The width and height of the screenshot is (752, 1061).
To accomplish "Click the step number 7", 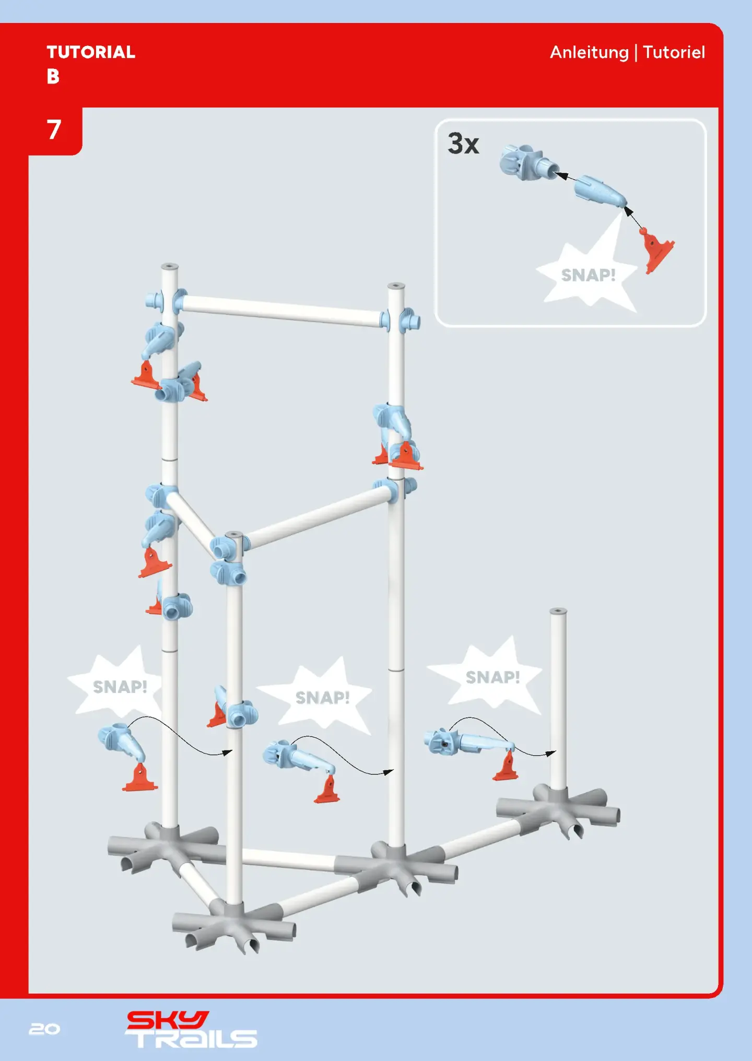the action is (54, 129).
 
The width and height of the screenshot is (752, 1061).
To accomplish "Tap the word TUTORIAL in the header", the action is (91, 52).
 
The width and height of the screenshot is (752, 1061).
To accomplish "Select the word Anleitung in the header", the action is (589, 53).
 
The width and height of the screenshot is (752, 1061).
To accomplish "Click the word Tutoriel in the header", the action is (674, 52).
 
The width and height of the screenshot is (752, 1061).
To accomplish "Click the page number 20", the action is (44, 1029).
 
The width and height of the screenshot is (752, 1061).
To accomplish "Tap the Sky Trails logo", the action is (191, 1029).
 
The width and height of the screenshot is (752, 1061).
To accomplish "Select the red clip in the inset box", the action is (656, 250).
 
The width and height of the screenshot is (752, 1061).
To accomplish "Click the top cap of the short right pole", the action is (558, 611).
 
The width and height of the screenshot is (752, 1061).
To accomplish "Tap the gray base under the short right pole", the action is (558, 809).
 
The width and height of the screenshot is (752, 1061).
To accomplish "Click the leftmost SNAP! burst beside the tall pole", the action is (117, 683).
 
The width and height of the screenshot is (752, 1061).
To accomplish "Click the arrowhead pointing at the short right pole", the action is (551, 753).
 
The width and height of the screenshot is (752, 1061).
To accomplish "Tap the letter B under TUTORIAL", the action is (53, 77).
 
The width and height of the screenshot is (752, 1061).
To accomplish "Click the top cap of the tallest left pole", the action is (170, 267).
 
